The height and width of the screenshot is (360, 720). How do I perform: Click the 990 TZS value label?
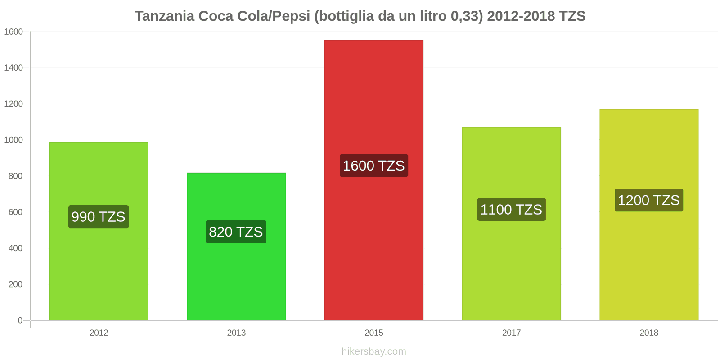click(99, 217)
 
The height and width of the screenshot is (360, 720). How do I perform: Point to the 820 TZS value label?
click(236, 232)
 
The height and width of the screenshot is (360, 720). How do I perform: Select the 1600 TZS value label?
click(373, 166)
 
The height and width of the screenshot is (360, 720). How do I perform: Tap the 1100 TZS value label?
click(511, 210)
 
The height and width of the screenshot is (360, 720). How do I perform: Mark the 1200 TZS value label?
click(648, 200)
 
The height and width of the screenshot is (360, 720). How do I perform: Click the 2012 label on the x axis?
click(99, 333)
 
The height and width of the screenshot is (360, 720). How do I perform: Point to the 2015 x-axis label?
click(373, 333)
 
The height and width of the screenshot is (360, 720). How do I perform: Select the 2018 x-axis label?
click(648, 333)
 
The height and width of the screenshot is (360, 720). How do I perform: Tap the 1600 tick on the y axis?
click(13, 32)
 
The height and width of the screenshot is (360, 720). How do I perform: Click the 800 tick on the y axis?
click(15, 176)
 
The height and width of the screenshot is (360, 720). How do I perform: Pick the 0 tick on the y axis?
click(20, 320)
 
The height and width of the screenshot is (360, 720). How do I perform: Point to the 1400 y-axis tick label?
click(13, 68)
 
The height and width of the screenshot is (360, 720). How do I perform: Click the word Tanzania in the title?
click(165, 16)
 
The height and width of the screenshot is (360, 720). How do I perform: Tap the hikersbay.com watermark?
click(373, 351)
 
